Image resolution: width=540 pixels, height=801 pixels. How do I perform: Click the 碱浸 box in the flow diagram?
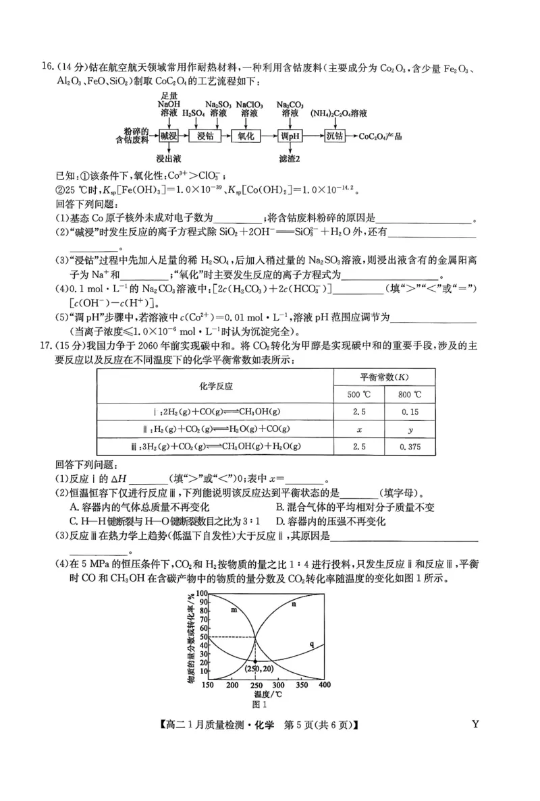tap(168, 136)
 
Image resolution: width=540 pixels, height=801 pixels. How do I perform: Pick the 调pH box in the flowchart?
tap(290, 136)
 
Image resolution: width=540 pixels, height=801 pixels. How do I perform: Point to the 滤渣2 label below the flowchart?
tap(290, 159)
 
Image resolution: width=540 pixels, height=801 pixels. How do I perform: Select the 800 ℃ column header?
tap(410, 395)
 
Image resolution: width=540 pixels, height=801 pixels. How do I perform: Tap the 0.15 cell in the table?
tap(410, 412)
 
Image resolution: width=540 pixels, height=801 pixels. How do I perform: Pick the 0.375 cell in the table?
tap(410, 446)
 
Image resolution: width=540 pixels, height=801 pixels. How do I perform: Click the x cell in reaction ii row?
tap(358, 429)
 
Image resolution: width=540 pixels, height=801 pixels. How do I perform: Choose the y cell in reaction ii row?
tap(410, 429)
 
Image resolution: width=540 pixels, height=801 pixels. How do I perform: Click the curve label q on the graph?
tap(312, 644)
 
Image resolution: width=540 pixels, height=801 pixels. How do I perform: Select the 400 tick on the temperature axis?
tap(324, 685)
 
